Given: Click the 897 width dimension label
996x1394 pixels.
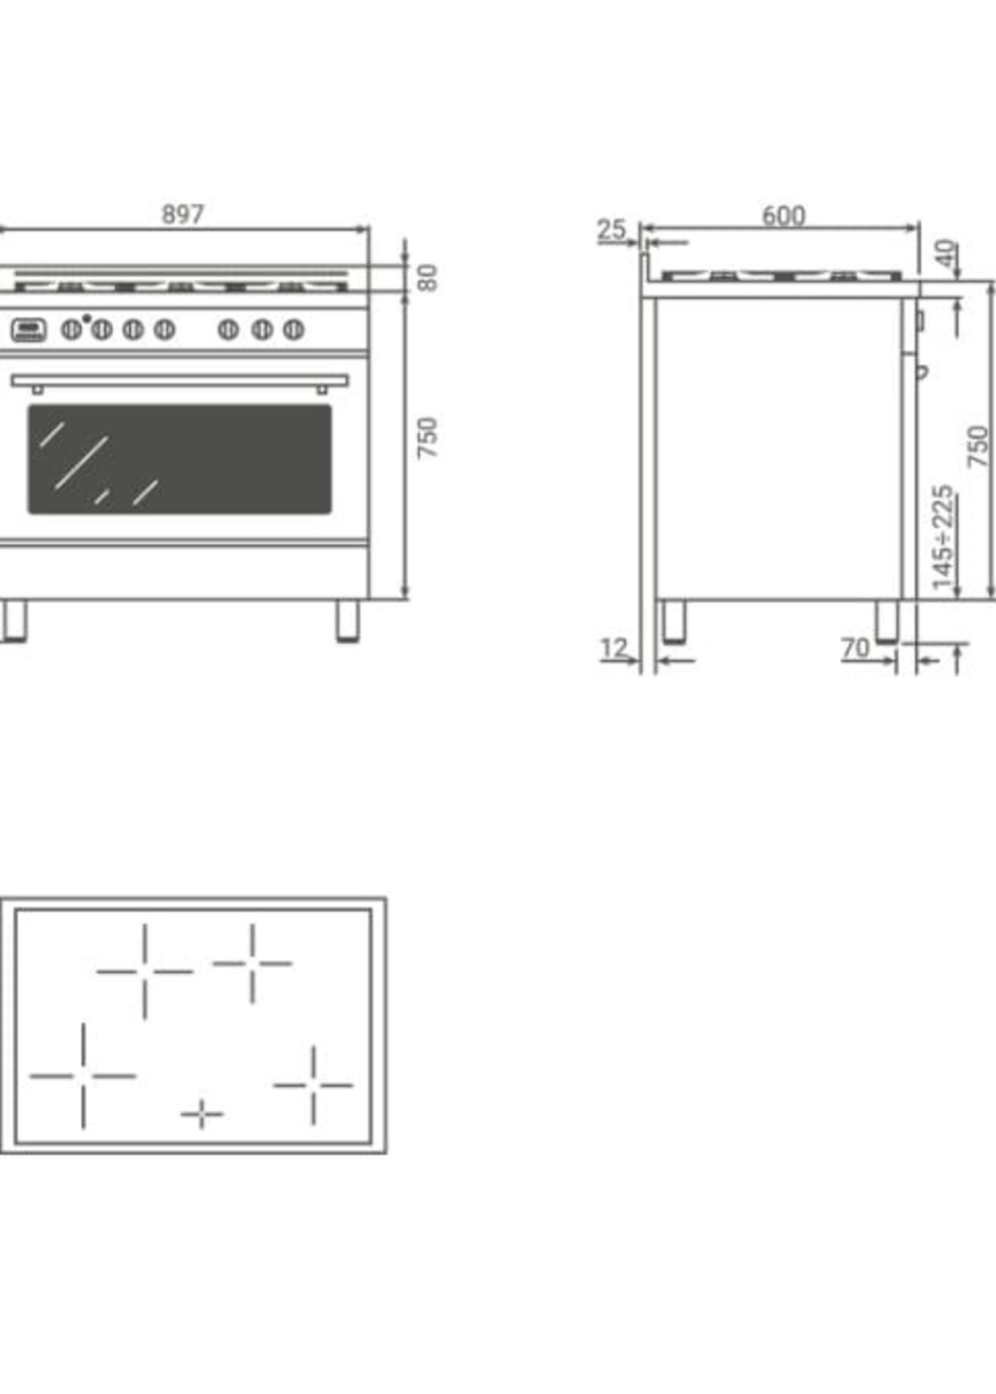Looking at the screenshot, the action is [x=182, y=215].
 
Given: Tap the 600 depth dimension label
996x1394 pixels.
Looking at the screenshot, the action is [x=783, y=216].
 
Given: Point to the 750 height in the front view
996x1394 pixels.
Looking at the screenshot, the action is [x=427, y=437].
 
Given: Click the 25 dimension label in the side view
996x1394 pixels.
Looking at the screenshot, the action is [x=611, y=230].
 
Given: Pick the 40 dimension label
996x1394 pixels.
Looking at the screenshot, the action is [x=948, y=252].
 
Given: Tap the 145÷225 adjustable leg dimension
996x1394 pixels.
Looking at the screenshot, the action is [x=943, y=537].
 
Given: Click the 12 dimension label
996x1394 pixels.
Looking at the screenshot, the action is [x=614, y=648].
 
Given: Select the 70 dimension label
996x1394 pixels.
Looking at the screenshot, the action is [x=856, y=648].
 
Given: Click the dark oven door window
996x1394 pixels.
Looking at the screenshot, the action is [x=180, y=459].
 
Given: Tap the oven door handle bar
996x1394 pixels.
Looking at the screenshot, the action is [x=180, y=381].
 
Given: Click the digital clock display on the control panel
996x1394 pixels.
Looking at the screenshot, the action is [x=28, y=330].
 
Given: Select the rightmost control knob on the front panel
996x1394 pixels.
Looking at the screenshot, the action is [x=294, y=330].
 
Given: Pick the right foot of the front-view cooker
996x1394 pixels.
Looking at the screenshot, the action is [x=348, y=620].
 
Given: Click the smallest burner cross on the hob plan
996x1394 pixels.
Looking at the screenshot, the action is [x=202, y=1114].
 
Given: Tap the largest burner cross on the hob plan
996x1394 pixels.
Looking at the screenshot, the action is [x=83, y=1075].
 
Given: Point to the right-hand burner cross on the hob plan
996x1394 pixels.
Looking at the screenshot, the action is [x=314, y=1085].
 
